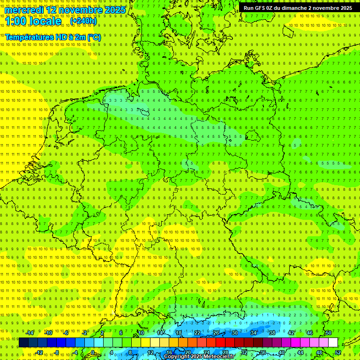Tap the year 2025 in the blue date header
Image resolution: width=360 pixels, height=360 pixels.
coord(114,10)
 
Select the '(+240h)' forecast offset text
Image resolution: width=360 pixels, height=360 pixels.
coord(83,21)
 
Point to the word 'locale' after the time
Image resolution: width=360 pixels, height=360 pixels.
coord(46,21)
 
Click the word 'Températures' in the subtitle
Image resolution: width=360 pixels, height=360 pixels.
coord(29,37)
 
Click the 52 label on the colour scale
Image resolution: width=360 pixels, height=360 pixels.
coord(338,352)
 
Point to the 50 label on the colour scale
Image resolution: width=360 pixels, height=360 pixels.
coord(328,333)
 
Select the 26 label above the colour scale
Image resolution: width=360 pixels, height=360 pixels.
coord(216,333)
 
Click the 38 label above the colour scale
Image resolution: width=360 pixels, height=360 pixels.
coord(272,333)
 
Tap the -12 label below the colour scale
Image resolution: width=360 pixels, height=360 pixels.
coord(39,352)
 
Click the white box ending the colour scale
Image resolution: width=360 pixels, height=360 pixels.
coord(333,342)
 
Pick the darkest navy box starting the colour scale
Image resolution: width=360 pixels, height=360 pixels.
coord(23,342)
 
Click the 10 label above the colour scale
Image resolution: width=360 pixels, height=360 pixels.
coord(141,333)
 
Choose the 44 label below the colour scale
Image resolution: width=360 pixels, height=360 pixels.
coord(300,352)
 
